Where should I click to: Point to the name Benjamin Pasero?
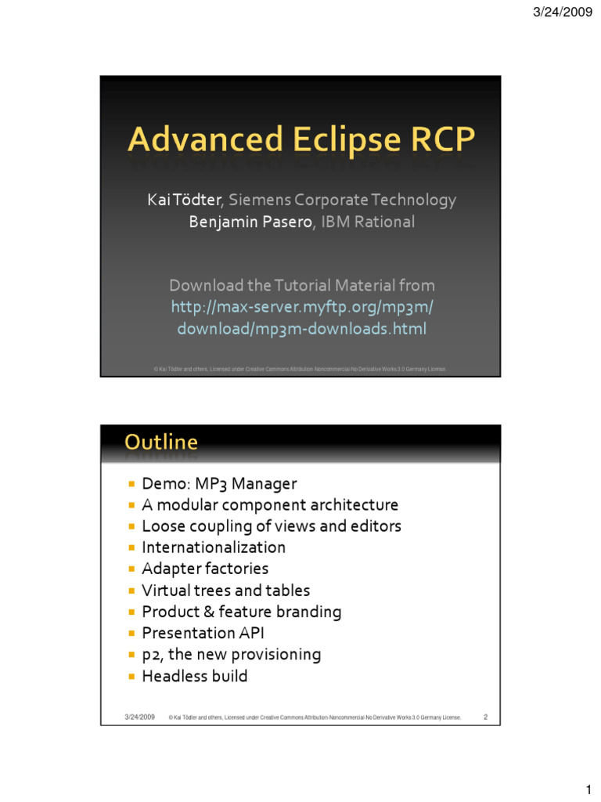click(250, 222)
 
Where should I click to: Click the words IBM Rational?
click(368, 222)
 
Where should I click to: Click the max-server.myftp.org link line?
click(301, 307)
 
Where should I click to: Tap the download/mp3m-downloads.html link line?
click(301, 329)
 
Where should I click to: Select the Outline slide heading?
click(161, 443)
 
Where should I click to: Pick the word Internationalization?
click(214, 547)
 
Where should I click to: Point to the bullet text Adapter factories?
click(205, 569)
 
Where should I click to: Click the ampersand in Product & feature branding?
click(203, 612)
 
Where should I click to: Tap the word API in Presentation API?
click(252, 633)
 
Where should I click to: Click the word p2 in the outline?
click(151, 655)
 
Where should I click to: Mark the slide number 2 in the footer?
click(485, 717)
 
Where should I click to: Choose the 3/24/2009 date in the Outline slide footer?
click(139, 717)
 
